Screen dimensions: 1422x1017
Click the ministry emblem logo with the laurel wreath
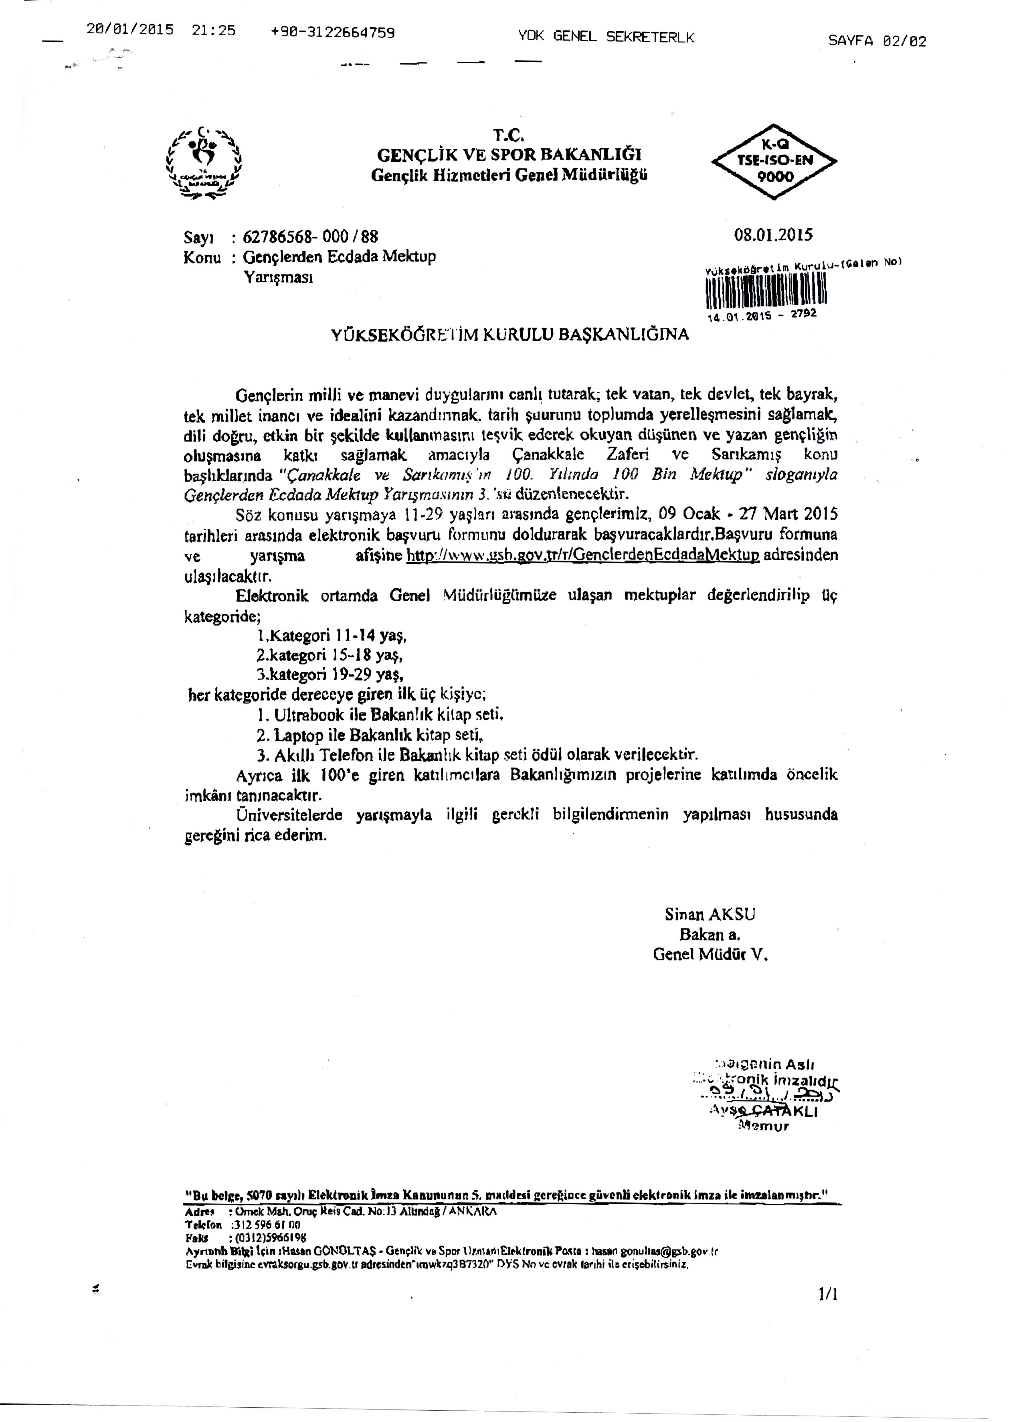[204, 163]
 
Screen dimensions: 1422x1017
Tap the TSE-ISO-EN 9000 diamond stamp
[774, 161]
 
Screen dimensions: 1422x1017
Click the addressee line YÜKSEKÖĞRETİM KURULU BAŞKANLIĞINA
[510, 334]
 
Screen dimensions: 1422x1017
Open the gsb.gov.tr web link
[582, 555]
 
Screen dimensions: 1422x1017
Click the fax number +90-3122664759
[333, 32]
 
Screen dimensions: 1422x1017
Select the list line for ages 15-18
[330, 655]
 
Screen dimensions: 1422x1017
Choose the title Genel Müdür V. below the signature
[710, 955]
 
